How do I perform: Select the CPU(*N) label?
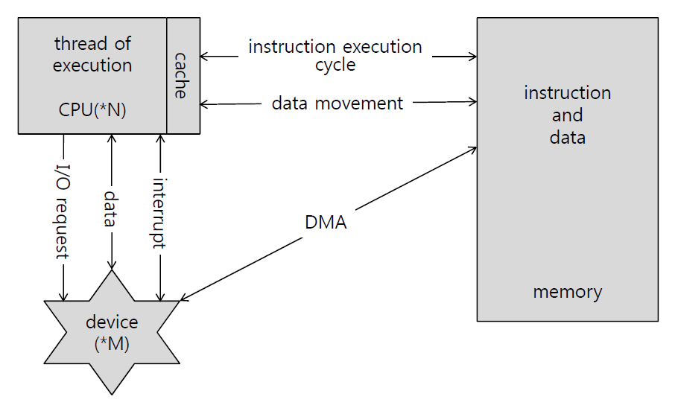pyautogui.click(x=92, y=111)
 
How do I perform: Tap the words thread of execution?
pyautogui.click(x=92, y=54)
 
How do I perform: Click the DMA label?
pyautogui.click(x=326, y=222)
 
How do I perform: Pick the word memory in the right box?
pyautogui.click(x=567, y=291)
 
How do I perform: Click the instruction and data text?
pyautogui.click(x=567, y=115)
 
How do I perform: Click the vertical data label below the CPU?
pyautogui.click(x=111, y=209)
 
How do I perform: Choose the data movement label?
pyautogui.click(x=337, y=103)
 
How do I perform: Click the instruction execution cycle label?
pyautogui.click(x=335, y=56)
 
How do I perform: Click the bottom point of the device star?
pyautogui.click(x=112, y=392)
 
